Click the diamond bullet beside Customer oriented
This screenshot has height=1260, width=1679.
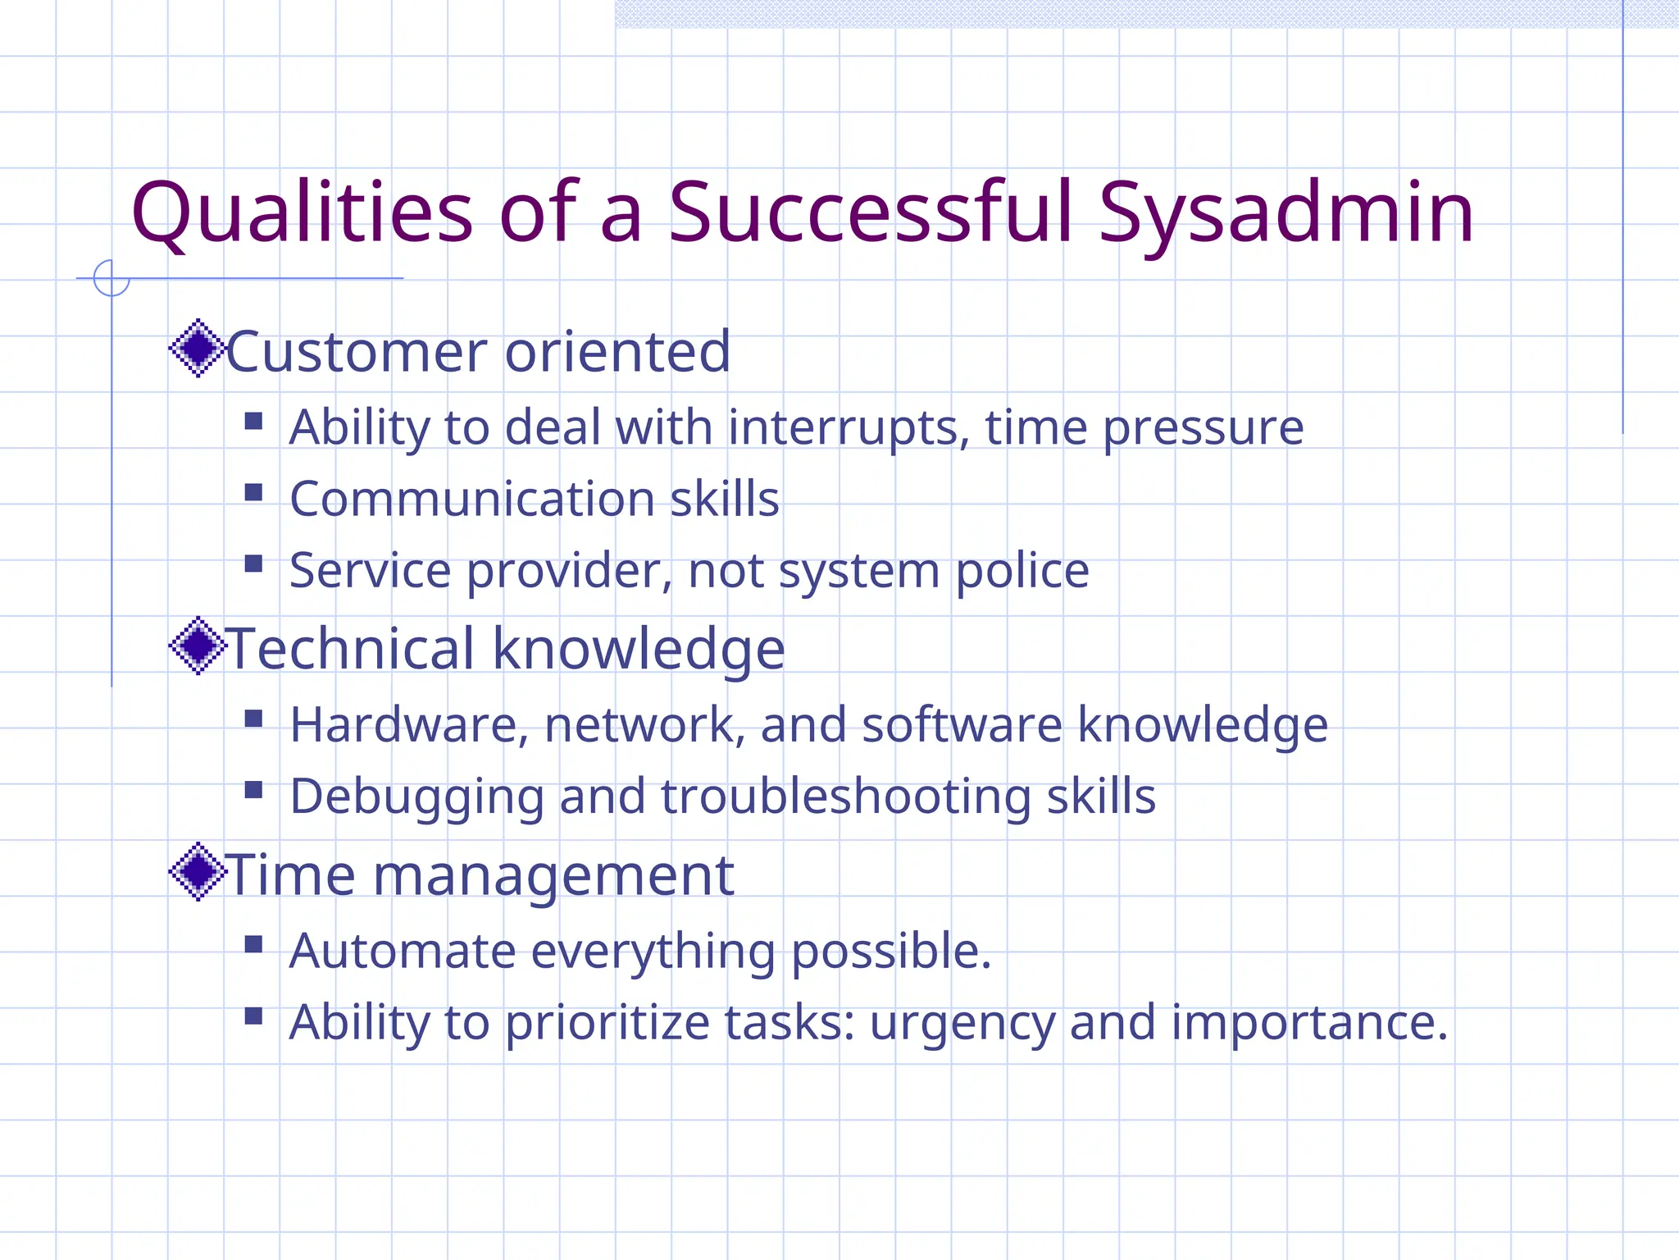click(x=197, y=349)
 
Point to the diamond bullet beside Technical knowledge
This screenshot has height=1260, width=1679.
click(x=197, y=646)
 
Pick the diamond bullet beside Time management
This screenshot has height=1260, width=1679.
click(x=197, y=872)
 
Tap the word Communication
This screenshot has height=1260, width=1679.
click(x=472, y=499)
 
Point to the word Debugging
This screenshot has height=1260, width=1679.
click(x=416, y=797)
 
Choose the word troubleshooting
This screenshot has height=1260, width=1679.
click(x=845, y=797)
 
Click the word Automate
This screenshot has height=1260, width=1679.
click(x=403, y=951)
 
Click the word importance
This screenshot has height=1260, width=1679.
click(x=1308, y=1023)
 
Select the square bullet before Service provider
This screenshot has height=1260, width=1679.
click(x=253, y=564)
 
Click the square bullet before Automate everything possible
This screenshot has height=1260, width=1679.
click(x=253, y=944)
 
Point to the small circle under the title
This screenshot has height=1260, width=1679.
click(x=111, y=278)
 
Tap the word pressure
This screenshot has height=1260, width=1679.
click(x=1203, y=428)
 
